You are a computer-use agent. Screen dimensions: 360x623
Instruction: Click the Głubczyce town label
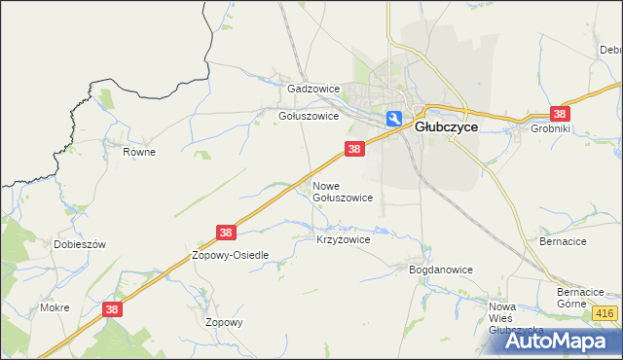click(x=446, y=126)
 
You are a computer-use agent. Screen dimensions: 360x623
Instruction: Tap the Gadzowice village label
click(x=312, y=89)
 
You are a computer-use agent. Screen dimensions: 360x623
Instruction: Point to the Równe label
click(x=139, y=152)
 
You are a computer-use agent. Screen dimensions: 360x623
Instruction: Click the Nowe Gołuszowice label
click(x=342, y=191)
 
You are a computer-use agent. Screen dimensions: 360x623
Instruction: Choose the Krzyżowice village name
click(x=343, y=238)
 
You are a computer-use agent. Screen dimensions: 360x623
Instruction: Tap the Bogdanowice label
click(x=440, y=270)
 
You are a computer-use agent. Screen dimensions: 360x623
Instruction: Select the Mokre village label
click(x=55, y=307)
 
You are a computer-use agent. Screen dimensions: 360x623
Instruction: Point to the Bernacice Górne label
click(x=581, y=297)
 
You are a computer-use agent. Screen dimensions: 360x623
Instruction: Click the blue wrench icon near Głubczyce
click(x=394, y=119)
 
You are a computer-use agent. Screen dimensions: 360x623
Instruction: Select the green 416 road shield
click(x=605, y=313)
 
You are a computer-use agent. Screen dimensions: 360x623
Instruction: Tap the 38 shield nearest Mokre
click(x=113, y=309)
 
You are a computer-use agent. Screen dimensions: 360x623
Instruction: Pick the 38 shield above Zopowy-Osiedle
click(x=226, y=233)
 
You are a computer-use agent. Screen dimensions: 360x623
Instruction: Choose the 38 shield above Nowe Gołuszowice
click(x=354, y=149)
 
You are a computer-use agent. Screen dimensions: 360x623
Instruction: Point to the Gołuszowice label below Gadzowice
click(x=309, y=116)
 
